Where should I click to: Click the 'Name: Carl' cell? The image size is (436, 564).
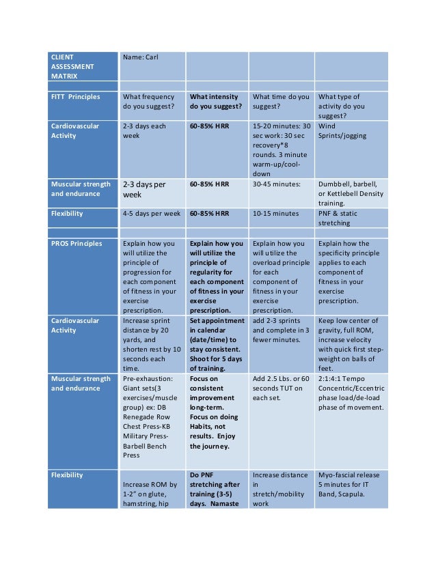pyautogui.click(x=151, y=66)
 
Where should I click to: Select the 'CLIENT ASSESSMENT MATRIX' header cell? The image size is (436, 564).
pyautogui.click(x=83, y=66)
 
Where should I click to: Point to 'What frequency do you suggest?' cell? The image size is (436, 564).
pyautogui.click(x=151, y=102)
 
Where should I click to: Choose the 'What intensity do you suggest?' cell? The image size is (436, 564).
pyautogui.click(x=216, y=102)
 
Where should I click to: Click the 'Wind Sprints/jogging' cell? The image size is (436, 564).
pyautogui.click(x=350, y=131)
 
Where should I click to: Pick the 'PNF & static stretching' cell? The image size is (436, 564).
pyautogui.click(x=350, y=218)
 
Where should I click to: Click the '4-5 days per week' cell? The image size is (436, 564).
pyautogui.click(x=151, y=214)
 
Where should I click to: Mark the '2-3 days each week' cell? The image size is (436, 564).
pyautogui.click(x=151, y=131)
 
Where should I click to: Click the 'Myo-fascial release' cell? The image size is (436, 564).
pyautogui.click(x=350, y=484)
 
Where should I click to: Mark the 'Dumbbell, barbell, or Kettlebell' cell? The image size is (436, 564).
pyautogui.click(x=350, y=193)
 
